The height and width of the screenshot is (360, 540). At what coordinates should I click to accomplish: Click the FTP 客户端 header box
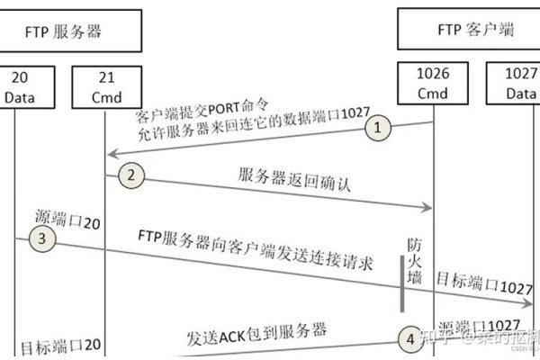(468, 30)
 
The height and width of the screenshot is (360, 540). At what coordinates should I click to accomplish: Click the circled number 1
(379, 128)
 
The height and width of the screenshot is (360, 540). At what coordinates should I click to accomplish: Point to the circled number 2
(131, 175)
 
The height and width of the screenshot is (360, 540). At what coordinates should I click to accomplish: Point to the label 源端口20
(67, 218)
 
